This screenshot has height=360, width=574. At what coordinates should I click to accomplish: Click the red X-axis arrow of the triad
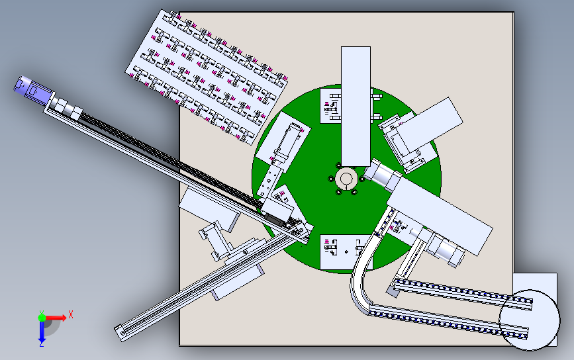[56, 318]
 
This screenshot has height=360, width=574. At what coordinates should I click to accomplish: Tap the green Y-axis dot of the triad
[42, 317]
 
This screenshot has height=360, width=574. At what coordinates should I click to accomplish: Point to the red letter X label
[71, 314]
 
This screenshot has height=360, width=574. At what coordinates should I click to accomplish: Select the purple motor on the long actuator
[34, 89]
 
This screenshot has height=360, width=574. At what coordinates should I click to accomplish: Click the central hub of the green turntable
[346, 179]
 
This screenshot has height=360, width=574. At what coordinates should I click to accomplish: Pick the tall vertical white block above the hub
[356, 106]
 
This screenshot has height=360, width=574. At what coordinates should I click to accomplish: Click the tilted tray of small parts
[207, 77]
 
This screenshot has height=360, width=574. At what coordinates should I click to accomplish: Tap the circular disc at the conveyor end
[530, 320]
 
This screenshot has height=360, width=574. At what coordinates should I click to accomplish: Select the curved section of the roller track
[361, 278]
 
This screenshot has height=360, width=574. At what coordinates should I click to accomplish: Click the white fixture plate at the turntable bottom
[346, 252]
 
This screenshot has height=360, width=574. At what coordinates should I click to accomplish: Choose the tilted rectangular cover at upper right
[430, 124]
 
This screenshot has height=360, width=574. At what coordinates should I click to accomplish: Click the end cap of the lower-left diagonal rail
[120, 333]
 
